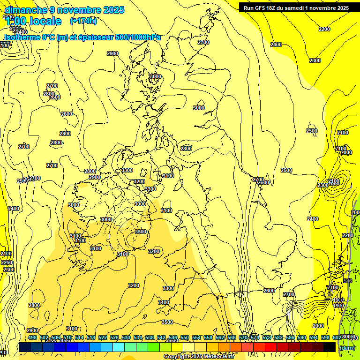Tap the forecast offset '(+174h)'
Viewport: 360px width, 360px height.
click(83, 21)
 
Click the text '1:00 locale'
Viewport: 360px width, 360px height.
click(33, 21)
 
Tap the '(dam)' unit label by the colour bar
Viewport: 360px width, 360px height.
click(347, 347)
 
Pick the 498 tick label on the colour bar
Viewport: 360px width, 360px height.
click(32, 337)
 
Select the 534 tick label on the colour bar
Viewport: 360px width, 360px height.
click(138, 337)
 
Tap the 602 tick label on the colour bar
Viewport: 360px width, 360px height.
click(337, 337)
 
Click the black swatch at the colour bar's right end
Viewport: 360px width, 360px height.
click(330, 347)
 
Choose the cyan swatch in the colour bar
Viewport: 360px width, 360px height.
click(119, 347)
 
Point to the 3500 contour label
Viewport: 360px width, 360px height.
click(167, 322)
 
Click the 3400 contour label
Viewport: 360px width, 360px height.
click(164, 302)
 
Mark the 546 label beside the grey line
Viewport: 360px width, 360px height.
click(347, 281)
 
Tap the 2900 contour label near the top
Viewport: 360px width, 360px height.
click(112, 53)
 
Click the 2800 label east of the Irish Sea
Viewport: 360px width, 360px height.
click(186, 149)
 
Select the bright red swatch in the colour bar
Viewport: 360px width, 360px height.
click(271, 347)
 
